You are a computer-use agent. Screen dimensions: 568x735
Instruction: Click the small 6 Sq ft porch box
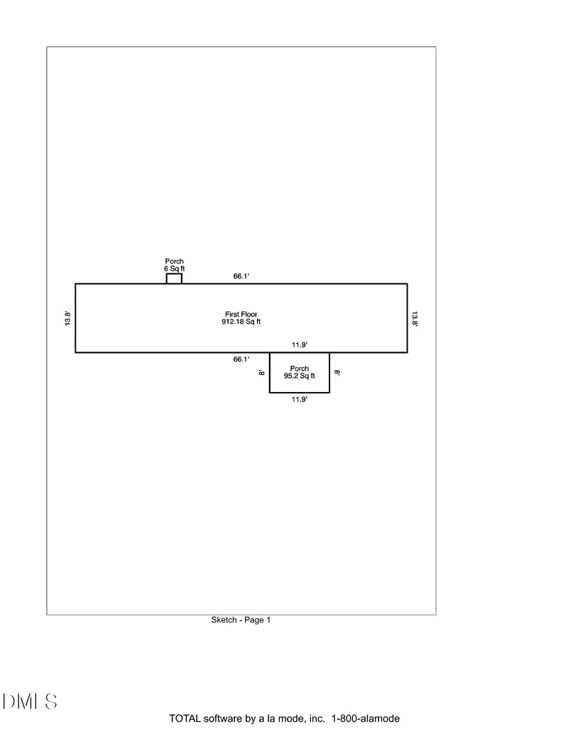pyautogui.click(x=174, y=278)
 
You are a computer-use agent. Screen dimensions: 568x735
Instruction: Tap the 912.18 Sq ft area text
pyautogui.click(x=241, y=322)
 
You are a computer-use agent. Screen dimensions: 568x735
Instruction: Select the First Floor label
pyautogui.click(x=241, y=314)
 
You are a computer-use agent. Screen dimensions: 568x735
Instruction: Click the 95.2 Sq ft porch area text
pyautogui.click(x=300, y=376)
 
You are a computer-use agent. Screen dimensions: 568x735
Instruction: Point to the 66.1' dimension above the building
pyautogui.click(x=241, y=276)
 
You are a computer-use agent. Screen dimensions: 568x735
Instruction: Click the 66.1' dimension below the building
pyautogui.click(x=241, y=359)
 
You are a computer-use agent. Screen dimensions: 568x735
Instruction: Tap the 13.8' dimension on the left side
pyautogui.click(x=67, y=318)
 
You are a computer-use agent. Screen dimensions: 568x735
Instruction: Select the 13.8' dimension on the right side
pyautogui.click(x=415, y=318)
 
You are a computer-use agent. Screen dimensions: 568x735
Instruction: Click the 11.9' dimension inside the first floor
pyautogui.click(x=300, y=345)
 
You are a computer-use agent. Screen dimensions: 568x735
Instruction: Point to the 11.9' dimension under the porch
pyautogui.click(x=300, y=399)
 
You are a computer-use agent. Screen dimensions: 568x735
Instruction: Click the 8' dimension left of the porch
pyautogui.click(x=261, y=373)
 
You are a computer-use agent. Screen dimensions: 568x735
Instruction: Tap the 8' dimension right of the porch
pyautogui.click(x=337, y=373)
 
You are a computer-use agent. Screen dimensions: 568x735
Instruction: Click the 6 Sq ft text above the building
pyautogui.click(x=175, y=268)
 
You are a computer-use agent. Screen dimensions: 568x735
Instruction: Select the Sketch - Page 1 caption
pyautogui.click(x=241, y=620)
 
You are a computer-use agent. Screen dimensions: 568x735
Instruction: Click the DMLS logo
pyautogui.click(x=30, y=701)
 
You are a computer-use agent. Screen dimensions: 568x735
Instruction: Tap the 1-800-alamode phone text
pyautogui.click(x=366, y=719)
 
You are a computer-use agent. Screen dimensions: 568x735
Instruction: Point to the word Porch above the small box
pyautogui.click(x=175, y=261)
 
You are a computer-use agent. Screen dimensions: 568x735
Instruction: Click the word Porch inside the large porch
pyautogui.click(x=300, y=369)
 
